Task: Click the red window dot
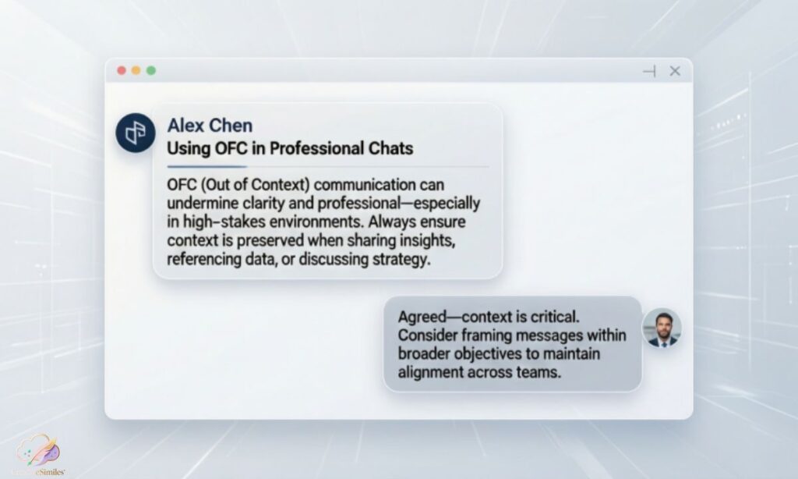tap(121, 70)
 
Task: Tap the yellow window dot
tap(136, 70)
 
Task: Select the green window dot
tap(150, 70)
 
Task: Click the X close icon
tap(675, 71)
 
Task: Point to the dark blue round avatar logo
tap(135, 132)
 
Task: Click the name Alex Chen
tap(210, 126)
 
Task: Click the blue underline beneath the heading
tap(207, 166)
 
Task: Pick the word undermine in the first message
tap(200, 204)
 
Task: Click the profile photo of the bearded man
tap(662, 328)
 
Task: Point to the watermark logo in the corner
tap(39, 453)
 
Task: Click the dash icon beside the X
tap(649, 71)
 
